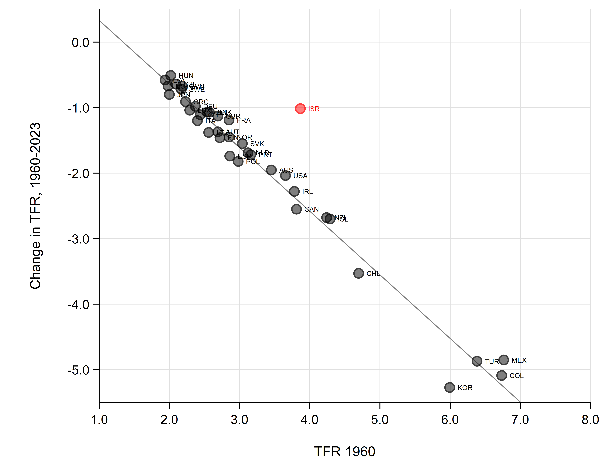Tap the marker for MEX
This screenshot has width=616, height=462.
pyautogui.click(x=504, y=360)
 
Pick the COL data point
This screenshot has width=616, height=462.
pyautogui.click(x=502, y=375)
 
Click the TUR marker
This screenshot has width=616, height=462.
pyautogui.click(x=477, y=361)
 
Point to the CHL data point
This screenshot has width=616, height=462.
pyautogui.click(x=358, y=273)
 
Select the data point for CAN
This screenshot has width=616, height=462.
pyautogui.click(x=296, y=209)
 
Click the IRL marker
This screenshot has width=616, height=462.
pyautogui.click(x=294, y=191)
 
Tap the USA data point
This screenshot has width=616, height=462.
pyautogui.click(x=285, y=176)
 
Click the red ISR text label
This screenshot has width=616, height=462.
pyautogui.click(x=314, y=109)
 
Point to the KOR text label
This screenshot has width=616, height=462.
pyautogui.click(x=465, y=388)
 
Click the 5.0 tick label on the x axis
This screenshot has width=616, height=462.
pyautogui.click(x=380, y=419)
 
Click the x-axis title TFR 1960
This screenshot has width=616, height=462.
pyautogui.click(x=345, y=451)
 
